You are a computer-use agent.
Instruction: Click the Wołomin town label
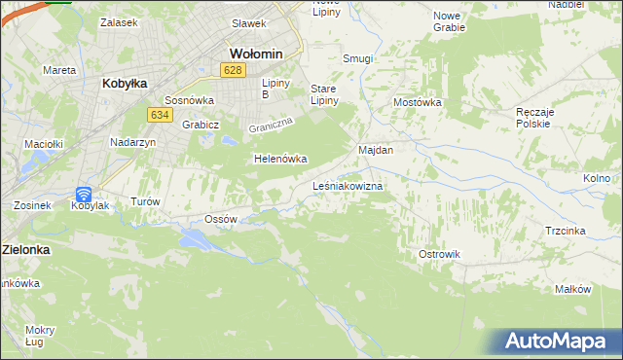click(x=255, y=53)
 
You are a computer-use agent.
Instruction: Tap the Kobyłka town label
click(x=125, y=84)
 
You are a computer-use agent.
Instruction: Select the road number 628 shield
click(x=232, y=70)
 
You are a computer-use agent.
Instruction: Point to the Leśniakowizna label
click(x=348, y=185)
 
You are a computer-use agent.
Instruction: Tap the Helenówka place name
click(x=280, y=159)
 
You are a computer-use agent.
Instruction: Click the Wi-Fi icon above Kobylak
click(x=84, y=195)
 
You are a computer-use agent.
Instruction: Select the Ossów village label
click(x=222, y=220)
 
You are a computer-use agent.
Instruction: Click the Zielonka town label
click(x=25, y=249)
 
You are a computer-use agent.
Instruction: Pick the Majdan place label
click(x=376, y=151)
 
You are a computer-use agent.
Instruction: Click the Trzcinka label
click(x=565, y=231)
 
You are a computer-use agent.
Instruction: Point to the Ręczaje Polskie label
click(x=534, y=118)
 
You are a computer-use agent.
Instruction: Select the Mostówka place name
click(x=418, y=102)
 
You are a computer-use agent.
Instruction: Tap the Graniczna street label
click(x=271, y=126)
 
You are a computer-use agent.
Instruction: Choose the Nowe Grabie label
click(x=449, y=21)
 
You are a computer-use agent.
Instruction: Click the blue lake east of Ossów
click(x=193, y=239)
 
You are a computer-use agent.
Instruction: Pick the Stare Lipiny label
click(x=323, y=94)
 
